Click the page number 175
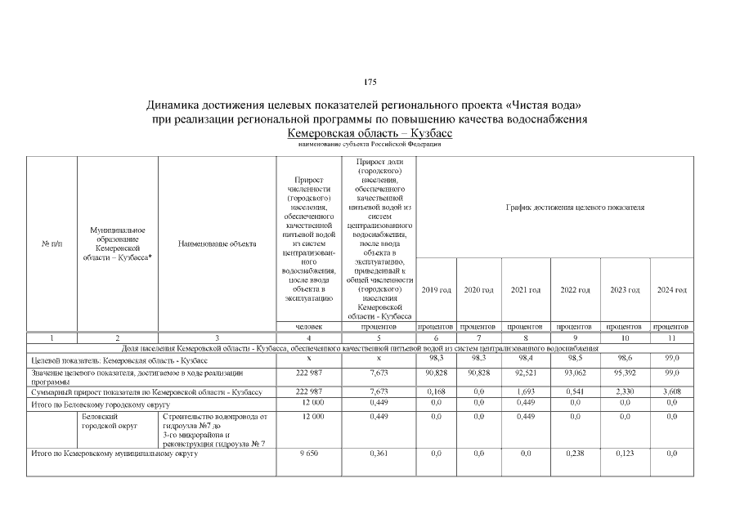(370, 83)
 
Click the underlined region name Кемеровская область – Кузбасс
(370, 132)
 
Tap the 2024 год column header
(671, 290)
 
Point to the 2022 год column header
(576, 290)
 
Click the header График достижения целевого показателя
(576, 208)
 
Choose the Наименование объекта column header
(217, 244)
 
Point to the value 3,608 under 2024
(671, 391)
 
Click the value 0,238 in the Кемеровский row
(576, 452)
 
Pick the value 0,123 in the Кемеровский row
(624, 452)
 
